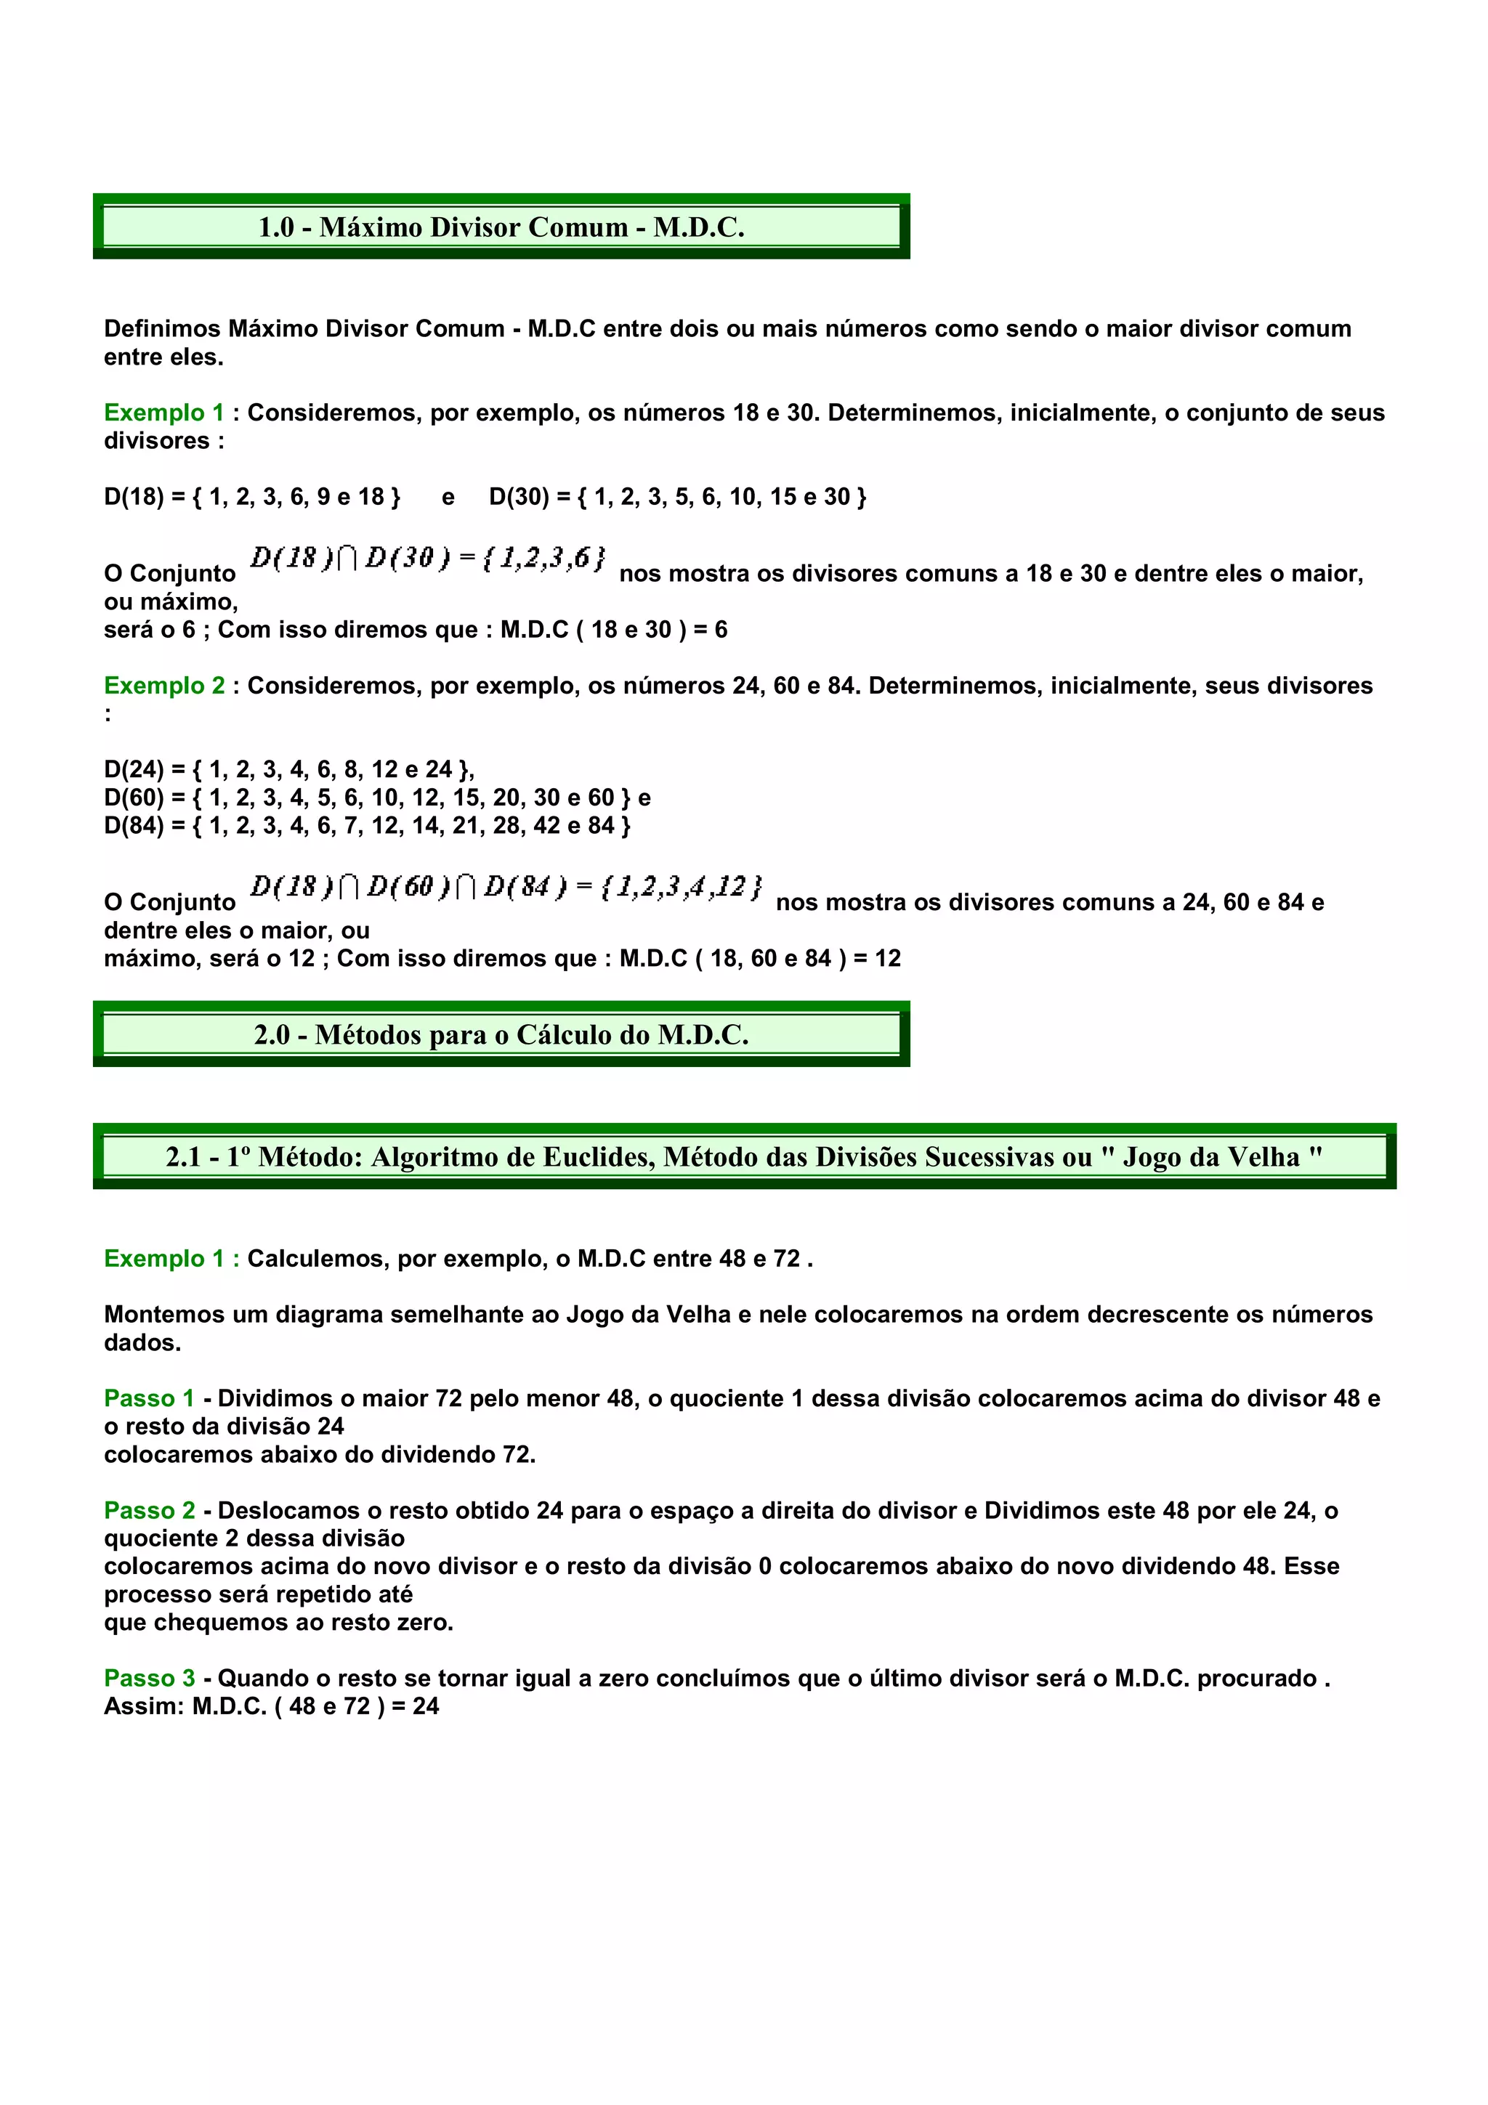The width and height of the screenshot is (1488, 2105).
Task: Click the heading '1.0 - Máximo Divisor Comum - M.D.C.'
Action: point(501,227)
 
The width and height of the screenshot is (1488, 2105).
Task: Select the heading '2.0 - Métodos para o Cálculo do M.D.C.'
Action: point(501,1034)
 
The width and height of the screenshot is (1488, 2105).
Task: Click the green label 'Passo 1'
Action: point(148,1398)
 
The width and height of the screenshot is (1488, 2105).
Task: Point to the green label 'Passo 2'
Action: point(148,1510)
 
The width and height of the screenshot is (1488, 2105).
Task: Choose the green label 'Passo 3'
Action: point(148,1678)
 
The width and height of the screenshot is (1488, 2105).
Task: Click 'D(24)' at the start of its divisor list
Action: point(133,768)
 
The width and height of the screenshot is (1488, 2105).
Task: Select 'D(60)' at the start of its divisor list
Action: point(133,797)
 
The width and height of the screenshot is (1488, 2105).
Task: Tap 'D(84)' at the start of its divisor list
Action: point(133,825)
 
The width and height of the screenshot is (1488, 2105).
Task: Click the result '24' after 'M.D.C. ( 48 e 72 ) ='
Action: point(426,1706)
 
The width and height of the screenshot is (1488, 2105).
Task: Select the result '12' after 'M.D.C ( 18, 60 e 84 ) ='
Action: point(887,958)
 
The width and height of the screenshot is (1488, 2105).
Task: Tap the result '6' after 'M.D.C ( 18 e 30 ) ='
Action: point(721,630)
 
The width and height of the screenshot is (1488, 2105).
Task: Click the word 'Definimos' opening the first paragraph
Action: point(162,328)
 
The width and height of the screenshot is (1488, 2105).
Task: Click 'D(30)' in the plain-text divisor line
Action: point(518,497)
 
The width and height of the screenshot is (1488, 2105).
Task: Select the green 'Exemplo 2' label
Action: point(164,686)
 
